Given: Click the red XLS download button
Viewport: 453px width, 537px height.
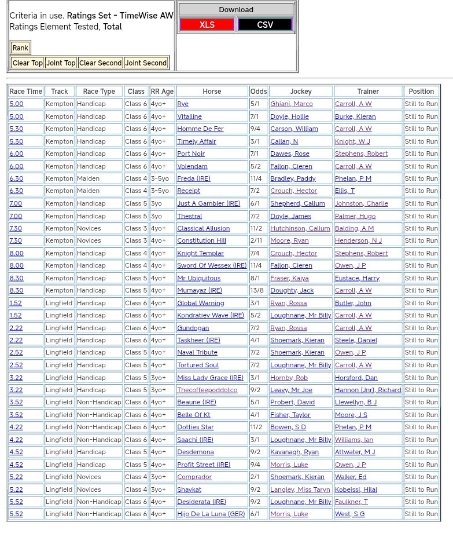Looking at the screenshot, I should point(207,24).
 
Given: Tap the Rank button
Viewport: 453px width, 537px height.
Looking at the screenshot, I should point(20,48).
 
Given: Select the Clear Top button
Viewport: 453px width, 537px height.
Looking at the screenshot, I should point(27,63).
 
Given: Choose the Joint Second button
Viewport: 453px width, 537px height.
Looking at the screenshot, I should point(146,63).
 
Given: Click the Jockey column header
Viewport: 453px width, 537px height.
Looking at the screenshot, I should point(301,92).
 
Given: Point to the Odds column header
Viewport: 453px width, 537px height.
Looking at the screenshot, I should point(259,92).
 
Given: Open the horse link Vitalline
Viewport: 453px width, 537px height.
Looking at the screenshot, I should point(189,116).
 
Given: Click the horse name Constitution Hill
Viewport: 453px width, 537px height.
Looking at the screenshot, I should point(201,240).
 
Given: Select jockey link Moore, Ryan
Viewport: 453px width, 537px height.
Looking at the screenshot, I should point(289,240).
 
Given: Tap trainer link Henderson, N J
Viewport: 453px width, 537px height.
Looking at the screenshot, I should point(358,240).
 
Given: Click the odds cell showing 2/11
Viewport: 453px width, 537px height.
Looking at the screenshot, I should point(256,240).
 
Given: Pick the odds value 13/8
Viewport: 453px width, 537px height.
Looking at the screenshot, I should point(257,290).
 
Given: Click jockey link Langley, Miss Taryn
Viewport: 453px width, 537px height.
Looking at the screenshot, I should point(300,489).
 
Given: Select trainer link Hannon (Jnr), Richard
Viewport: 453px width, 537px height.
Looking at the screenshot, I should point(368,390).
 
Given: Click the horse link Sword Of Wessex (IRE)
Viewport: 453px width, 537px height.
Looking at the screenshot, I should point(212,265).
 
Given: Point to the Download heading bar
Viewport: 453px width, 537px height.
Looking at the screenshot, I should point(236,10).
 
